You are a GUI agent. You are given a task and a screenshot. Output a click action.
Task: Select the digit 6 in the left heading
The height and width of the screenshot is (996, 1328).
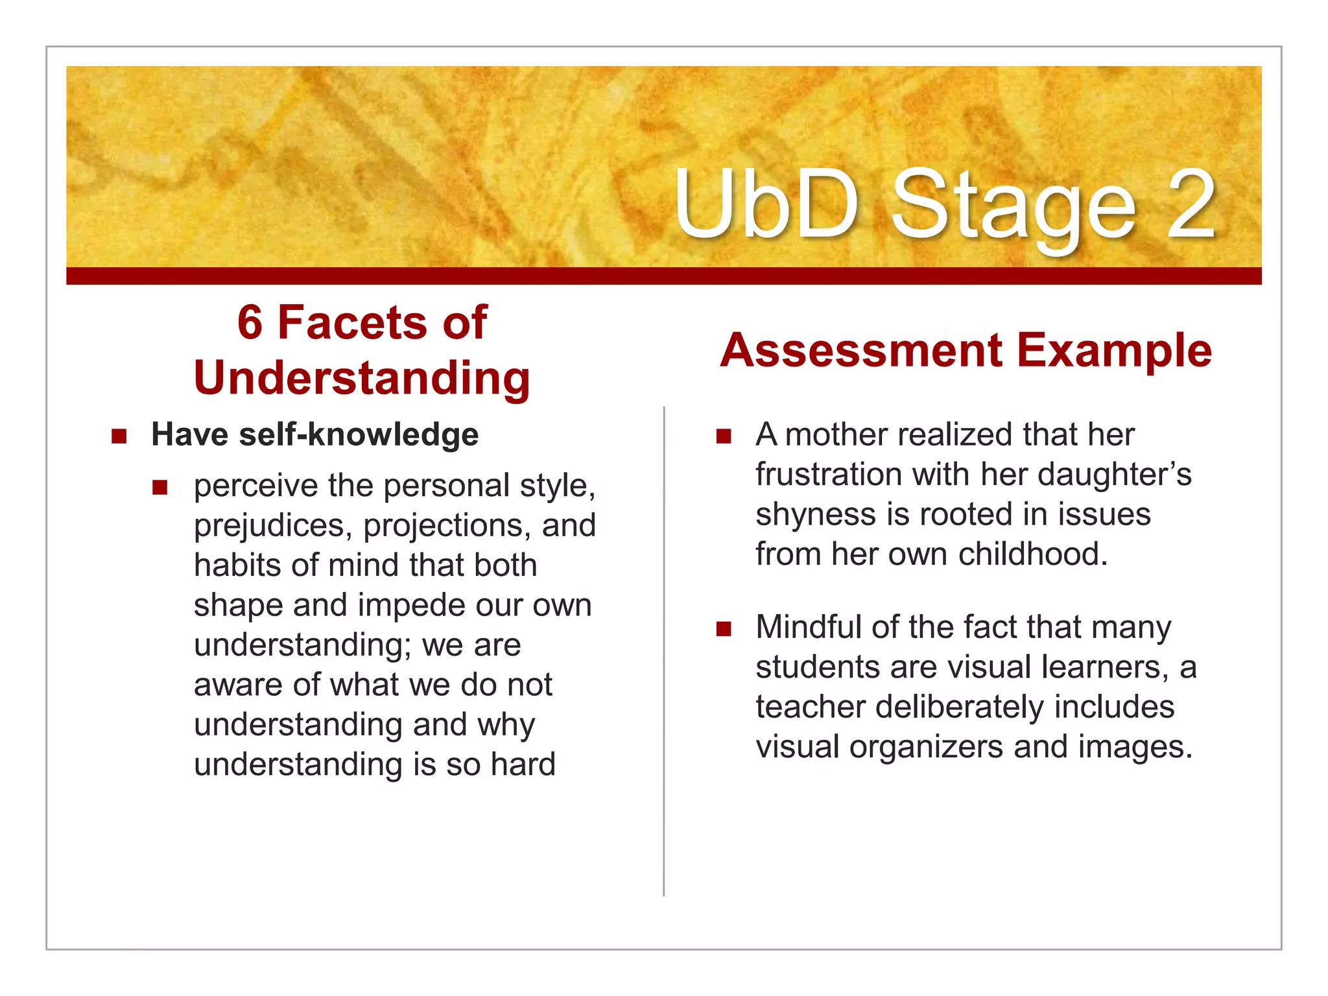[250, 322]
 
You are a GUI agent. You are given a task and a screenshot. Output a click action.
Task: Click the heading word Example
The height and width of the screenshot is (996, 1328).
[1114, 350]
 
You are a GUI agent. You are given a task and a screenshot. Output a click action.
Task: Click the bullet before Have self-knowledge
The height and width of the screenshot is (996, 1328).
[119, 436]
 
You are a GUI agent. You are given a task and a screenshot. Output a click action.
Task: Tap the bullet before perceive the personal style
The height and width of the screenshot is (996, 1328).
[160, 487]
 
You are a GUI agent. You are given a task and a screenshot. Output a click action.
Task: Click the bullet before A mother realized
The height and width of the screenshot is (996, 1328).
[724, 436]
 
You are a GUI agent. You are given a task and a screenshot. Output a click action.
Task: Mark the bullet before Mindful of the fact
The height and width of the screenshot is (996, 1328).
[724, 628]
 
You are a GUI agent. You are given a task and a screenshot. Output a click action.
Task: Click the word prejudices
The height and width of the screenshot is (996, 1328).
[273, 526]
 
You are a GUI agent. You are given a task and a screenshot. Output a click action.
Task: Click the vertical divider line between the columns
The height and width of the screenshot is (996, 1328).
[664, 648]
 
